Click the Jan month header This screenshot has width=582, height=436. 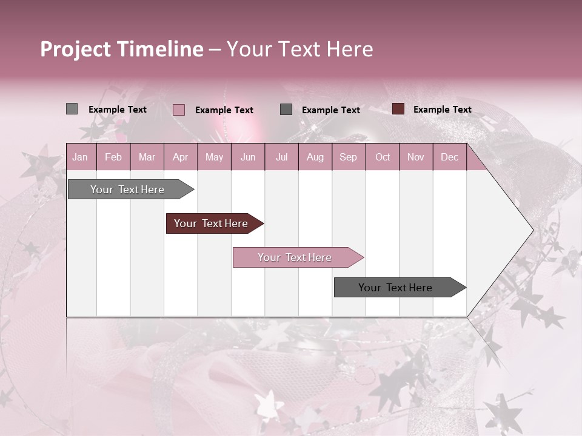tap(81, 157)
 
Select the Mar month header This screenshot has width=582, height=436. tap(147, 157)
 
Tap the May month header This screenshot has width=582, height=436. tap(214, 157)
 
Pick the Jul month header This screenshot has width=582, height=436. tap(281, 157)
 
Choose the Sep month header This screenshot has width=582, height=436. tap(348, 157)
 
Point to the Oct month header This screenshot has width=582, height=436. tap(383, 157)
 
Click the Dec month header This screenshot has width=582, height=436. tap(449, 157)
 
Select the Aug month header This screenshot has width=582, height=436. tap(315, 157)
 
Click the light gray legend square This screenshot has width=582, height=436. tap(72, 109)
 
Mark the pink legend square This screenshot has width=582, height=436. tap(178, 110)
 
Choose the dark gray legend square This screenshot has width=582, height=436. tap(286, 110)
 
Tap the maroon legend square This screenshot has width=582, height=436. tap(398, 109)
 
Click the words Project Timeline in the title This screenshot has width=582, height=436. tap(121, 49)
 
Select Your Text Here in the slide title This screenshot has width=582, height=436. tap(299, 49)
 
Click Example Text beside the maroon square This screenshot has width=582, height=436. tap(442, 110)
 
